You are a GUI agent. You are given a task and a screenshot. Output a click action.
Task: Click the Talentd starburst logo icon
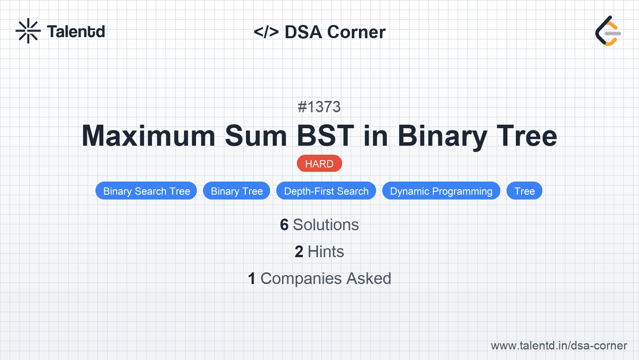point(28,31)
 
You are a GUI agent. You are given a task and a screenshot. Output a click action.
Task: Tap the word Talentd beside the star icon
point(76,32)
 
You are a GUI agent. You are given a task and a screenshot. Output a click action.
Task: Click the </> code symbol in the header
point(266,32)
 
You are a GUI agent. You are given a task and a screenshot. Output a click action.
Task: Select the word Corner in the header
point(356,32)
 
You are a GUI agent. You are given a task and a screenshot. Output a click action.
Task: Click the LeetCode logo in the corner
point(607,31)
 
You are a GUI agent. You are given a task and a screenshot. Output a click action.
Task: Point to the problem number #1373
point(319,107)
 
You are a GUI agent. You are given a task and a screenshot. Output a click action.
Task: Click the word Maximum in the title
point(148,136)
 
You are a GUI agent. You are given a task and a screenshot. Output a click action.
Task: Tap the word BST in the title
point(325,136)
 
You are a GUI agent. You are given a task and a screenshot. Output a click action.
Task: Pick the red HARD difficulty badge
point(319,164)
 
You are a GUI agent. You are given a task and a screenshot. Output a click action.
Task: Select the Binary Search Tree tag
point(146,191)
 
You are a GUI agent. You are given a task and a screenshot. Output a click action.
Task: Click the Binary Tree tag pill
point(237,191)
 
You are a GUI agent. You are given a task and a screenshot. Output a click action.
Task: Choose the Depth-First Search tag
point(326,191)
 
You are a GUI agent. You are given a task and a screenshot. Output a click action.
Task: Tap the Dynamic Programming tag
point(441,191)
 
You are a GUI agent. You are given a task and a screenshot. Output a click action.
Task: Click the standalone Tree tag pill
point(524,191)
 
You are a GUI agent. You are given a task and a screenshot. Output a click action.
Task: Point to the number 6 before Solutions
point(284,225)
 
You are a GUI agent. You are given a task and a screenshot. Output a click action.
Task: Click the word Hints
point(326,252)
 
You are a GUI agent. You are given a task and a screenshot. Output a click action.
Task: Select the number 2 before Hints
point(299,252)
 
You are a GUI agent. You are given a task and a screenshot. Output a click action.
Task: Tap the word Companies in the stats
point(301,279)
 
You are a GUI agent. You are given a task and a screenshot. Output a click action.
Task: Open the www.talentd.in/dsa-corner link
point(559,346)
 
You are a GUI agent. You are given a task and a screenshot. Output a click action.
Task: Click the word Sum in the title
point(256,136)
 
